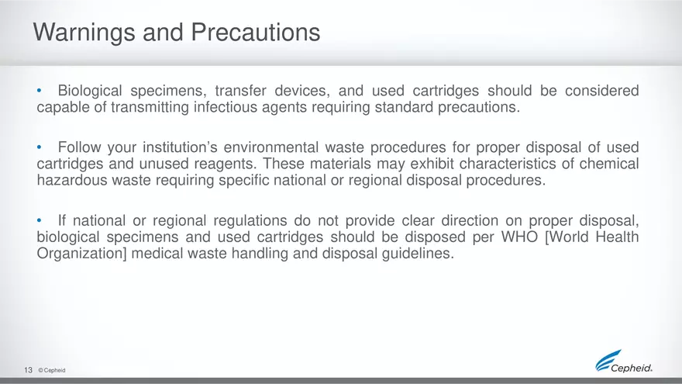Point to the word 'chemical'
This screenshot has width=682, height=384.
point(609,164)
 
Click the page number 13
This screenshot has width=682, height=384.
point(27,371)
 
